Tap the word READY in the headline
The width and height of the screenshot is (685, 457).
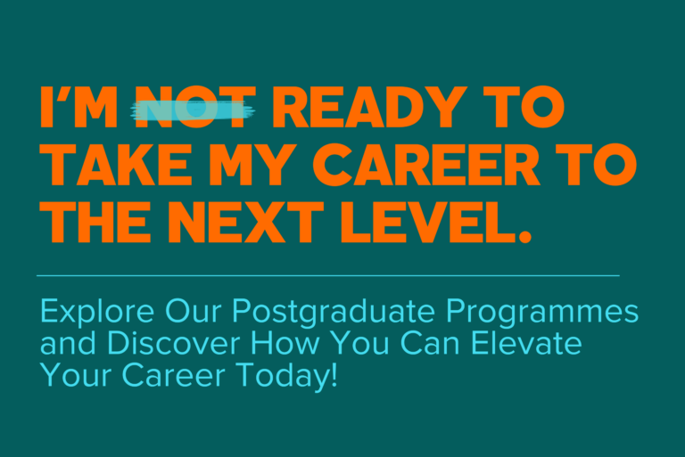[x=369, y=108]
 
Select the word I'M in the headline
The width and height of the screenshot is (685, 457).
[x=78, y=108]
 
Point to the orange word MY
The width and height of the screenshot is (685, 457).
[x=250, y=165]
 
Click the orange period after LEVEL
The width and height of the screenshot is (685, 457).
[x=524, y=236]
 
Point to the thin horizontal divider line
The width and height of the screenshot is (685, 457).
[x=328, y=275]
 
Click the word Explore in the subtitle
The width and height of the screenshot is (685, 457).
[x=97, y=311]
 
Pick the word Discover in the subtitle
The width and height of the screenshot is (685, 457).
[x=173, y=343]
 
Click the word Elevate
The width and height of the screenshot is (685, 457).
[x=526, y=343]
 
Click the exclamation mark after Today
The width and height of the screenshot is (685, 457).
[x=334, y=374]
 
